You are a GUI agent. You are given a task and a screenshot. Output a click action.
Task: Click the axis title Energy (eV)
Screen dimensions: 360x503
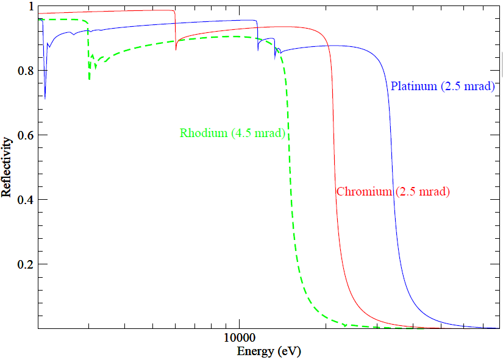[x=268, y=351]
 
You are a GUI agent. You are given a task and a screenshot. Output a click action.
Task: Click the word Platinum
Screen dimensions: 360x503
[x=413, y=86]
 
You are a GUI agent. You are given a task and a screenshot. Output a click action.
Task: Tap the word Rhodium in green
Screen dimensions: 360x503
[x=203, y=133]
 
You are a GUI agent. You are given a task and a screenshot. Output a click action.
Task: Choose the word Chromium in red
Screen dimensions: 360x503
[x=364, y=192]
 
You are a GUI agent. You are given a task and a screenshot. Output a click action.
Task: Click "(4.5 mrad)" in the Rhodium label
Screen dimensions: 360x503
[x=259, y=133]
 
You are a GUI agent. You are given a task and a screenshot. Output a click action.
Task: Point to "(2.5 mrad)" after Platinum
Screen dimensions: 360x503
[x=466, y=86]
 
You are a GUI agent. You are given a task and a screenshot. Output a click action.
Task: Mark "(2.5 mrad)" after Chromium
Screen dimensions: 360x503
[x=423, y=192]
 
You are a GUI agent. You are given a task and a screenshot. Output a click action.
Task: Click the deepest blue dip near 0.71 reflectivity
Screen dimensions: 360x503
[x=45, y=97]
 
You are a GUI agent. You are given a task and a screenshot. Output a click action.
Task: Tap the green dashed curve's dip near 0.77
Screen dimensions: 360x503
[x=90, y=79]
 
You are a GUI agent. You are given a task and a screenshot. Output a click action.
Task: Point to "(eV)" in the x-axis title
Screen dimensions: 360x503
[x=289, y=351]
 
